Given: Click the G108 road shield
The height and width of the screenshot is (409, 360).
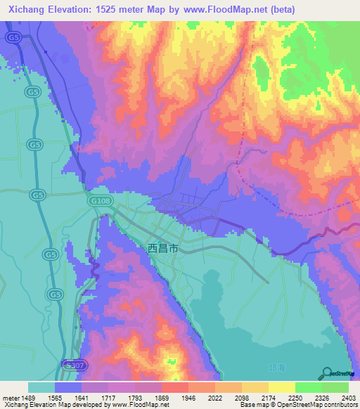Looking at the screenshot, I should (101, 200).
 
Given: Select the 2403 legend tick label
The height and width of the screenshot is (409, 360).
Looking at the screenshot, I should (349, 398).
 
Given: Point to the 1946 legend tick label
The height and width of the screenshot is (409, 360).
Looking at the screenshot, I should (188, 398).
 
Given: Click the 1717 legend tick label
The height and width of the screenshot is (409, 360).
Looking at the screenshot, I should (108, 398).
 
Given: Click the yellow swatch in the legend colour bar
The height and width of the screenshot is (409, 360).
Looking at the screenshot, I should (281, 387).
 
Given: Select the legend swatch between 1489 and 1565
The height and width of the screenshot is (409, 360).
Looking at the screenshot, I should (41, 387).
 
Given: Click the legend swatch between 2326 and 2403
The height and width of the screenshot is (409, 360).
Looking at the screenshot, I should (335, 387).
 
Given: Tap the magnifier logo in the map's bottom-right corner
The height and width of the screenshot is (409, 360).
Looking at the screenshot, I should (328, 372).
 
